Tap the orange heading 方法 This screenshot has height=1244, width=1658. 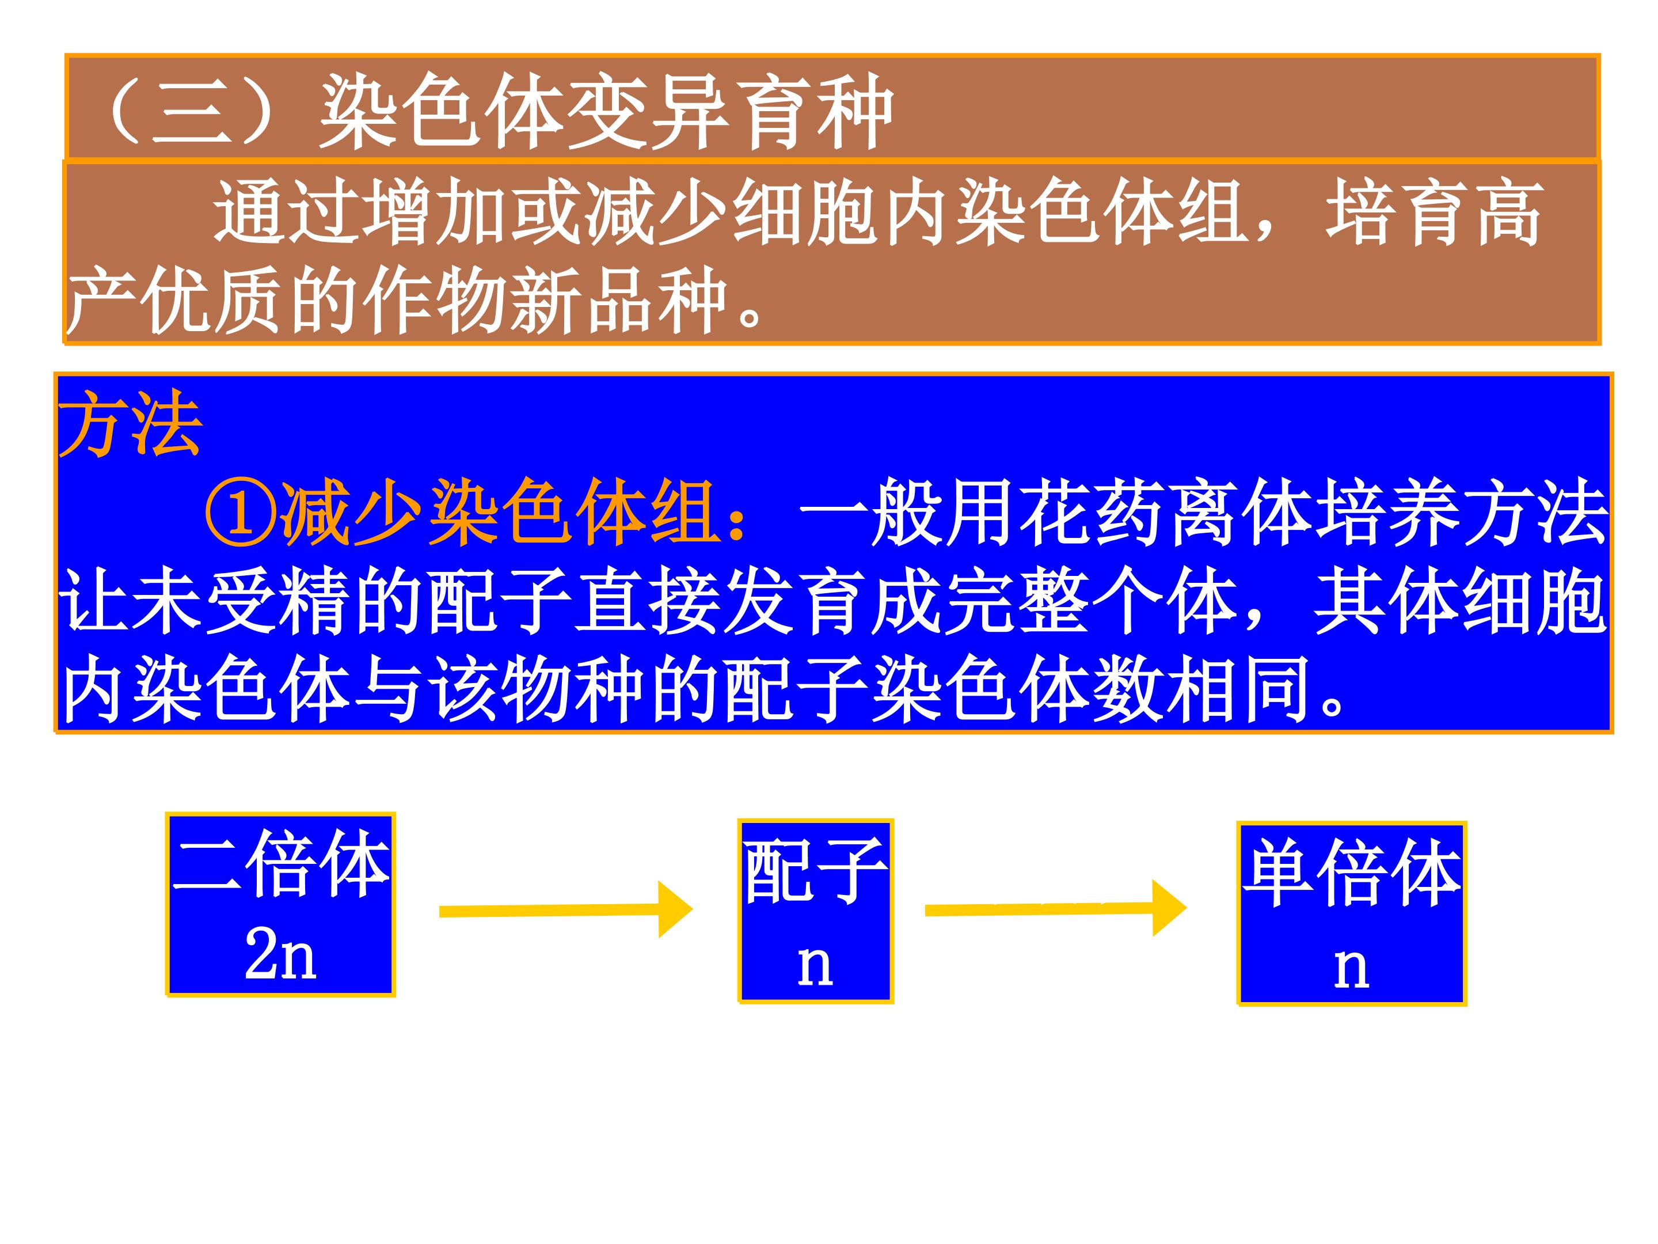point(131,424)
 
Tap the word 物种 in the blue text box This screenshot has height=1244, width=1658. point(573,688)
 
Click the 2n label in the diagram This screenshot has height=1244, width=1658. point(281,956)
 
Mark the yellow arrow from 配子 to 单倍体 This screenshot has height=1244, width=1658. point(1055,909)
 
